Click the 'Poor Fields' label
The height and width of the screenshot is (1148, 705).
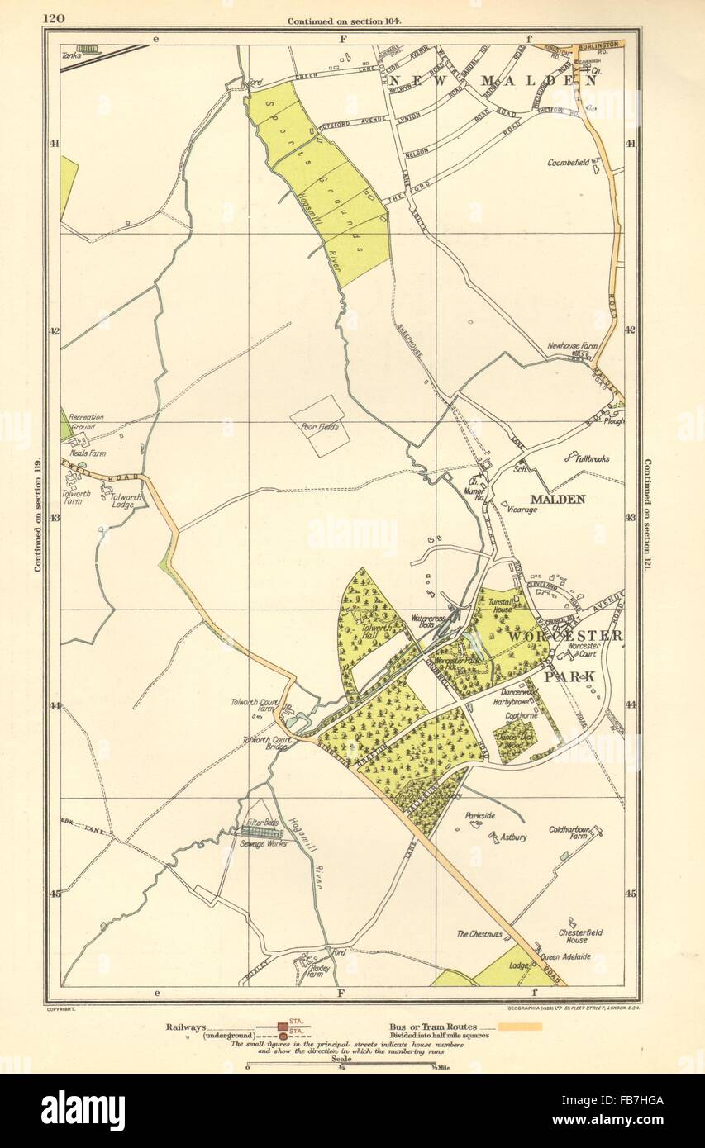coord(321,427)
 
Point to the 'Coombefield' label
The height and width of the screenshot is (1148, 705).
coord(568,163)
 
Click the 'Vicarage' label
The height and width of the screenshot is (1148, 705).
coord(522,510)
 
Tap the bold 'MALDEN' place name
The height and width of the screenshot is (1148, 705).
coord(557,499)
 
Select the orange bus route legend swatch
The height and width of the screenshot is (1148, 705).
coord(514,1027)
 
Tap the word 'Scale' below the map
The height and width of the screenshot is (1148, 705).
coord(341,1058)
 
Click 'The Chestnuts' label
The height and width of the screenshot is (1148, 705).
coord(479,934)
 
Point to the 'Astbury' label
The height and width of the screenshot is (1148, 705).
coord(513,837)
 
